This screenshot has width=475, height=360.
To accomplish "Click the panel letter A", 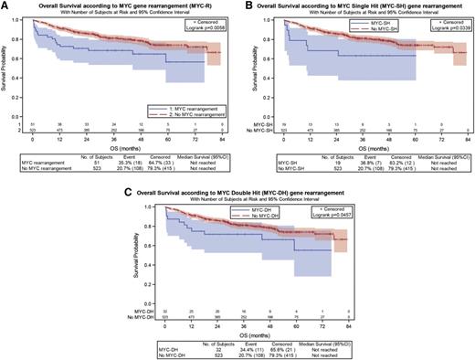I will [5, 5].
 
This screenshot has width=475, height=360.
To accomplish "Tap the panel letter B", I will [248, 5].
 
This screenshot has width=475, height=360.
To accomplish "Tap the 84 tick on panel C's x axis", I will [350, 321].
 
